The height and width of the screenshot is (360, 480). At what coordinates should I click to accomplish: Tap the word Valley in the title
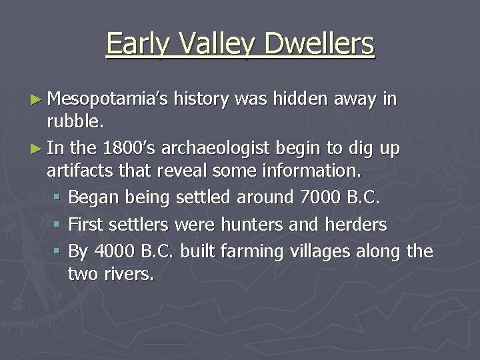(x=215, y=44)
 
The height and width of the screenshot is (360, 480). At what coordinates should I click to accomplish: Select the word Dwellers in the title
(x=319, y=44)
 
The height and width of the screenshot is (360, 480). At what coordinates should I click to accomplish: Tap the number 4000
(x=115, y=251)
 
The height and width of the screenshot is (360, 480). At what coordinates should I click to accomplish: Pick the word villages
(x=324, y=252)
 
